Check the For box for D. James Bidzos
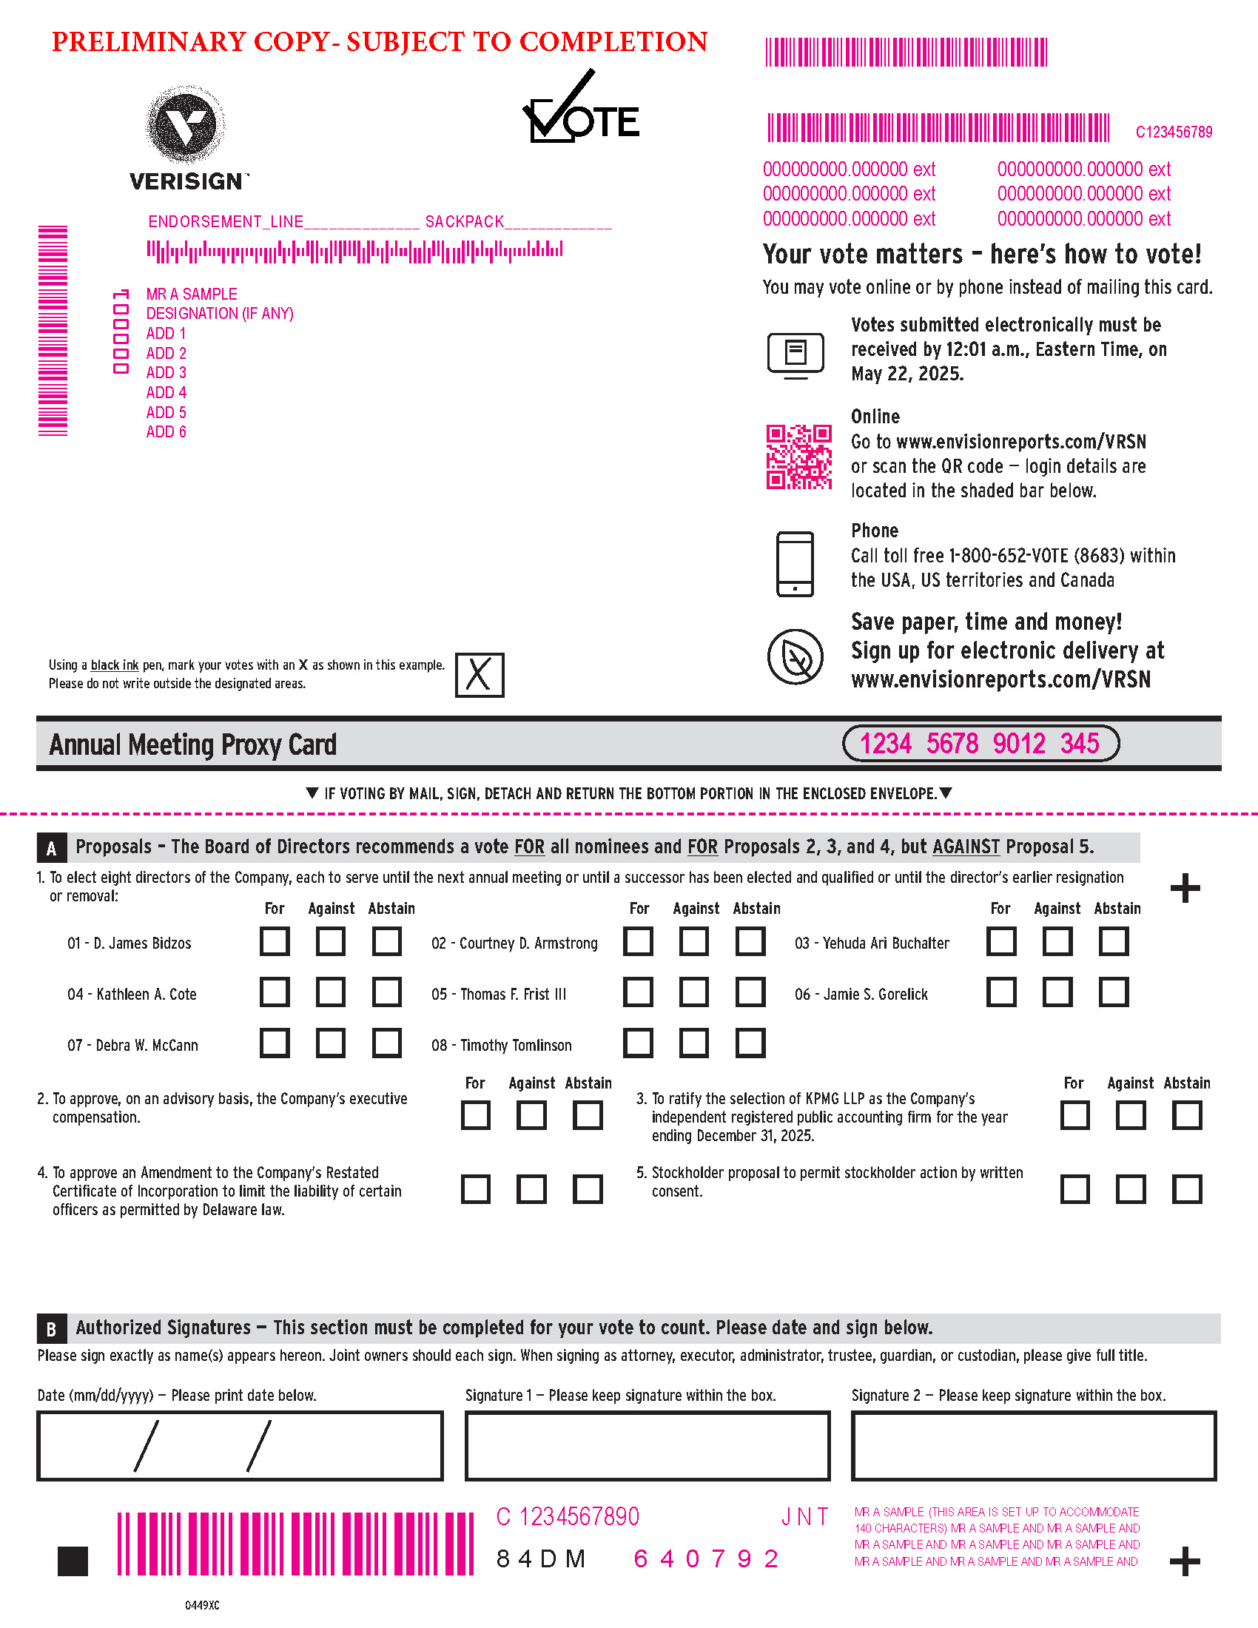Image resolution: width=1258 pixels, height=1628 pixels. (x=275, y=941)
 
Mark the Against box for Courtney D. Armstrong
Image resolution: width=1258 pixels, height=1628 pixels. (x=694, y=941)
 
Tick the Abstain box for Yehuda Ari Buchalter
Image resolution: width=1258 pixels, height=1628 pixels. (x=1114, y=941)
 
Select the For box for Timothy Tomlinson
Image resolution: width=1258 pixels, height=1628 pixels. (x=638, y=1043)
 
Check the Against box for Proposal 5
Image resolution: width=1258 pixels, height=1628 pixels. (x=1131, y=1189)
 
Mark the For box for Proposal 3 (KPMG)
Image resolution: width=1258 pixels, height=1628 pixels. (x=1074, y=1115)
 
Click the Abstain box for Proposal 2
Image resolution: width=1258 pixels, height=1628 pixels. (x=588, y=1115)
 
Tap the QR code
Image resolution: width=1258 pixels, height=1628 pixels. (x=798, y=457)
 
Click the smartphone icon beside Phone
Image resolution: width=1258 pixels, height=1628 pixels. (x=795, y=564)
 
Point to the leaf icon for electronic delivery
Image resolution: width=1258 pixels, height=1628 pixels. (x=795, y=656)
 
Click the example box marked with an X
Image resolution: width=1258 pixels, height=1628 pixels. (x=480, y=675)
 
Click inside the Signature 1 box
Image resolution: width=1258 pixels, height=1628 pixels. (x=647, y=1445)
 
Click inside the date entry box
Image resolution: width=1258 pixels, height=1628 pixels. (x=239, y=1445)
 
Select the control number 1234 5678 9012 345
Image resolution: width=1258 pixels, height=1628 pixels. (x=979, y=743)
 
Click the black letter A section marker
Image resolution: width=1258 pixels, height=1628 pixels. (x=51, y=847)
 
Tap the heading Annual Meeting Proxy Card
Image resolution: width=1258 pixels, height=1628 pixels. (x=192, y=744)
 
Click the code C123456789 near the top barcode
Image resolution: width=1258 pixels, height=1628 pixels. (x=1173, y=132)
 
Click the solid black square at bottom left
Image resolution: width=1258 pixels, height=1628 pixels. (x=73, y=1561)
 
